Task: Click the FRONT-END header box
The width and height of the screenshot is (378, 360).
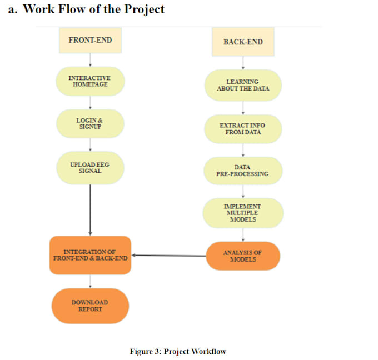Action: click(x=90, y=41)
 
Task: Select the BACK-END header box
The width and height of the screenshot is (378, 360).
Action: click(x=243, y=42)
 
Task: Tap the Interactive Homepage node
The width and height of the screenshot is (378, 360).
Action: click(x=90, y=81)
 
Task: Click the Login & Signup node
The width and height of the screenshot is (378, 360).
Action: click(x=90, y=123)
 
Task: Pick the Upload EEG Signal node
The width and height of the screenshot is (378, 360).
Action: click(x=90, y=168)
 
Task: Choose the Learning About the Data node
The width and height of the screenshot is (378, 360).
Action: click(x=242, y=85)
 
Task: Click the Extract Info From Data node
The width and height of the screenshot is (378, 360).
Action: click(x=242, y=129)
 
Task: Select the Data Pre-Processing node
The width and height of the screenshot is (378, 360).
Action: click(x=242, y=171)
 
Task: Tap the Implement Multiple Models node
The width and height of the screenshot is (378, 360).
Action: click(x=243, y=213)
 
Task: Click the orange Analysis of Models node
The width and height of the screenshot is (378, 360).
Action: click(x=242, y=256)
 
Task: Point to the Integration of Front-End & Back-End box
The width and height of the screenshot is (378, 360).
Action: click(x=90, y=256)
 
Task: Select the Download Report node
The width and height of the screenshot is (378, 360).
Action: click(x=90, y=306)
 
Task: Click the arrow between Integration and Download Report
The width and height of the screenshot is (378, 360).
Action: click(x=90, y=281)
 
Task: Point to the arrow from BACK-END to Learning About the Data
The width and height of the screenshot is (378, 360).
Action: click(x=243, y=63)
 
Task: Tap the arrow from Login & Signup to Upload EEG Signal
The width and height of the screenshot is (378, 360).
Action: click(x=90, y=144)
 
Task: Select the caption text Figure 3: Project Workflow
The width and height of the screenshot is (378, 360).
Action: click(x=178, y=351)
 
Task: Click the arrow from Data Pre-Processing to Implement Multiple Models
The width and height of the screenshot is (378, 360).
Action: click(x=243, y=191)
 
